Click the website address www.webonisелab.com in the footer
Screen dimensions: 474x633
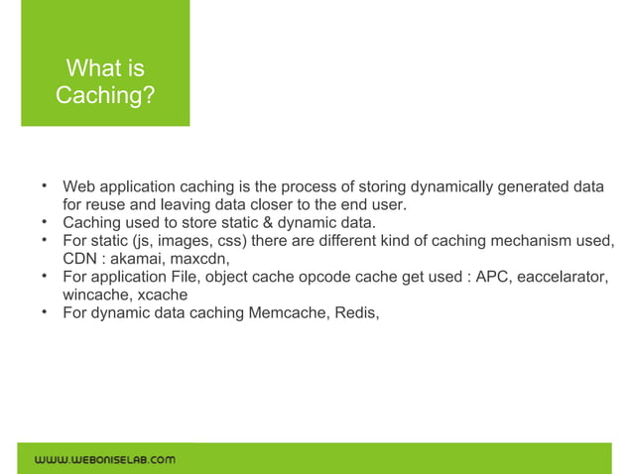click(105, 459)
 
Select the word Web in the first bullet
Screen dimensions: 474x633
click(79, 187)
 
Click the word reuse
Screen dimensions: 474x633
click(112, 205)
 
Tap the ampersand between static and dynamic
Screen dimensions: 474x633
click(285, 222)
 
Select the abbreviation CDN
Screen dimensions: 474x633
click(81, 258)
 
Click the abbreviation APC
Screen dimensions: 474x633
click(493, 277)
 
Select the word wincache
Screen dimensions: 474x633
click(95, 295)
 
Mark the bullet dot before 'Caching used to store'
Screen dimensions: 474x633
click(45, 221)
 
